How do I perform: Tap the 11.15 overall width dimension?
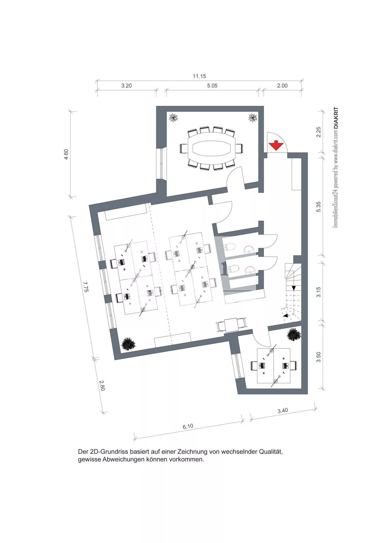[199, 76]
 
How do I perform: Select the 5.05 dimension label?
[212, 86]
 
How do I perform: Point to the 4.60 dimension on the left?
[66, 154]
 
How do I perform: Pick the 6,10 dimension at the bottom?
[188, 426]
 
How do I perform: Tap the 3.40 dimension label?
[283, 411]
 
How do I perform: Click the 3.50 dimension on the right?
[319, 357]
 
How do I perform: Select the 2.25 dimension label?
[319, 132]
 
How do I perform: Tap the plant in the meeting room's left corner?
[173, 117]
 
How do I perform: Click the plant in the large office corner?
[128, 344]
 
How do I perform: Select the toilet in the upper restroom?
[229, 247]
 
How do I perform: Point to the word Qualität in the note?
[271, 452]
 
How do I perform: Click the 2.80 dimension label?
[102, 386]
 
